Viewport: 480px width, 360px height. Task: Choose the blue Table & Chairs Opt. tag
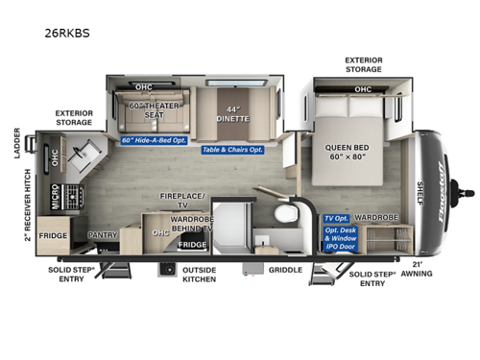(x=233, y=150)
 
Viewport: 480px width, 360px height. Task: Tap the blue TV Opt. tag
(x=336, y=219)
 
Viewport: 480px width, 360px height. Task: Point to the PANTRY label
(x=102, y=233)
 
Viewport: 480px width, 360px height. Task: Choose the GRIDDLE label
(x=284, y=270)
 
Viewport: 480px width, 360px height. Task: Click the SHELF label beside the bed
(x=419, y=187)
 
